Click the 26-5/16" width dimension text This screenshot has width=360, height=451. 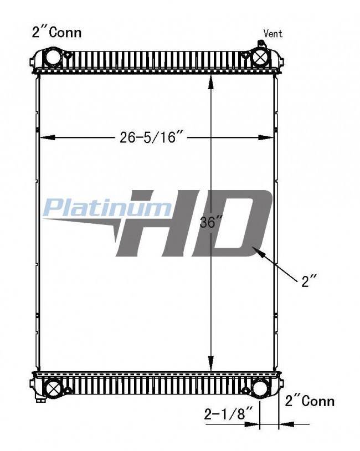click(x=151, y=137)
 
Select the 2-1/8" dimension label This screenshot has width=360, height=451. click(x=228, y=414)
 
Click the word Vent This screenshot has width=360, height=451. click(x=273, y=33)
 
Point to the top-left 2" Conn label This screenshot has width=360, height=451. click(x=56, y=32)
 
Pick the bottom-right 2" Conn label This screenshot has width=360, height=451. click(x=310, y=401)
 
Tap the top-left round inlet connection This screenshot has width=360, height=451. click(x=52, y=55)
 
